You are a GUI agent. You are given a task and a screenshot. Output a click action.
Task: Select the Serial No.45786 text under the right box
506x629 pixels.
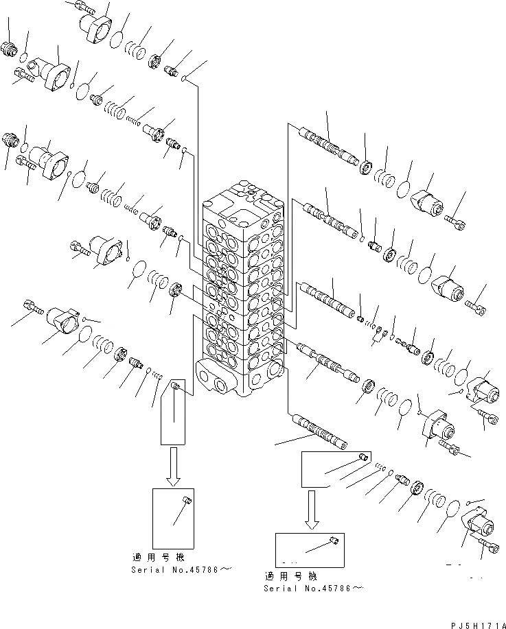312,588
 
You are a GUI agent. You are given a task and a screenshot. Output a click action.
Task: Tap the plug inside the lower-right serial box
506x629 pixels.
334,541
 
